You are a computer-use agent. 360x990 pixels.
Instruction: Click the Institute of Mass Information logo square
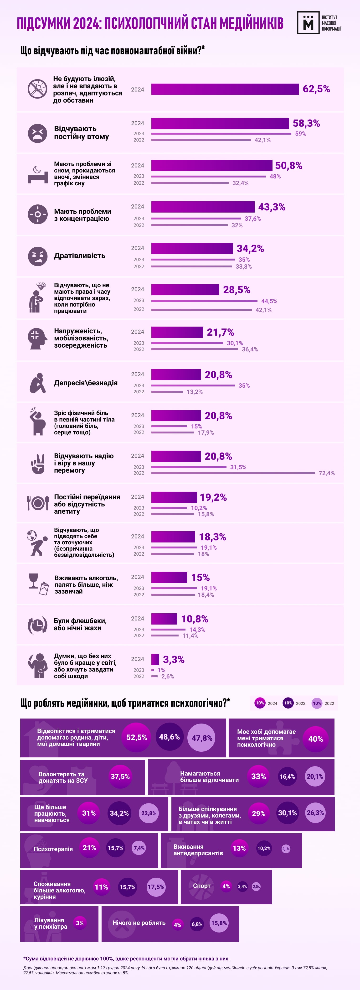pos(308,23)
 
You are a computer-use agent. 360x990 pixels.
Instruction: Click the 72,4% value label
pos(327,473)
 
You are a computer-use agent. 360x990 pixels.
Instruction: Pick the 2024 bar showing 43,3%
pos(203,207)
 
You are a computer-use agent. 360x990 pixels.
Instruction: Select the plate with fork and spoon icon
pos(38,503)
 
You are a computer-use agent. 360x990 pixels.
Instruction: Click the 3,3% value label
pos(174,660)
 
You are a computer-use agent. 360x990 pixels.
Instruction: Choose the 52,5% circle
pos(137,737)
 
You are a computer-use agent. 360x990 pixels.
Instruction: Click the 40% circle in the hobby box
pos(315,739)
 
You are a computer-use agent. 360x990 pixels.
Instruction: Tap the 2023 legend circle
pos(288,703)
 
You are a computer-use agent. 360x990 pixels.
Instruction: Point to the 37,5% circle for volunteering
pos(120,776)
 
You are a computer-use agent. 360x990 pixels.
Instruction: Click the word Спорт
pos(202,886)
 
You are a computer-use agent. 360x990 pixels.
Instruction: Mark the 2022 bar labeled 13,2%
pos(167,392)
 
